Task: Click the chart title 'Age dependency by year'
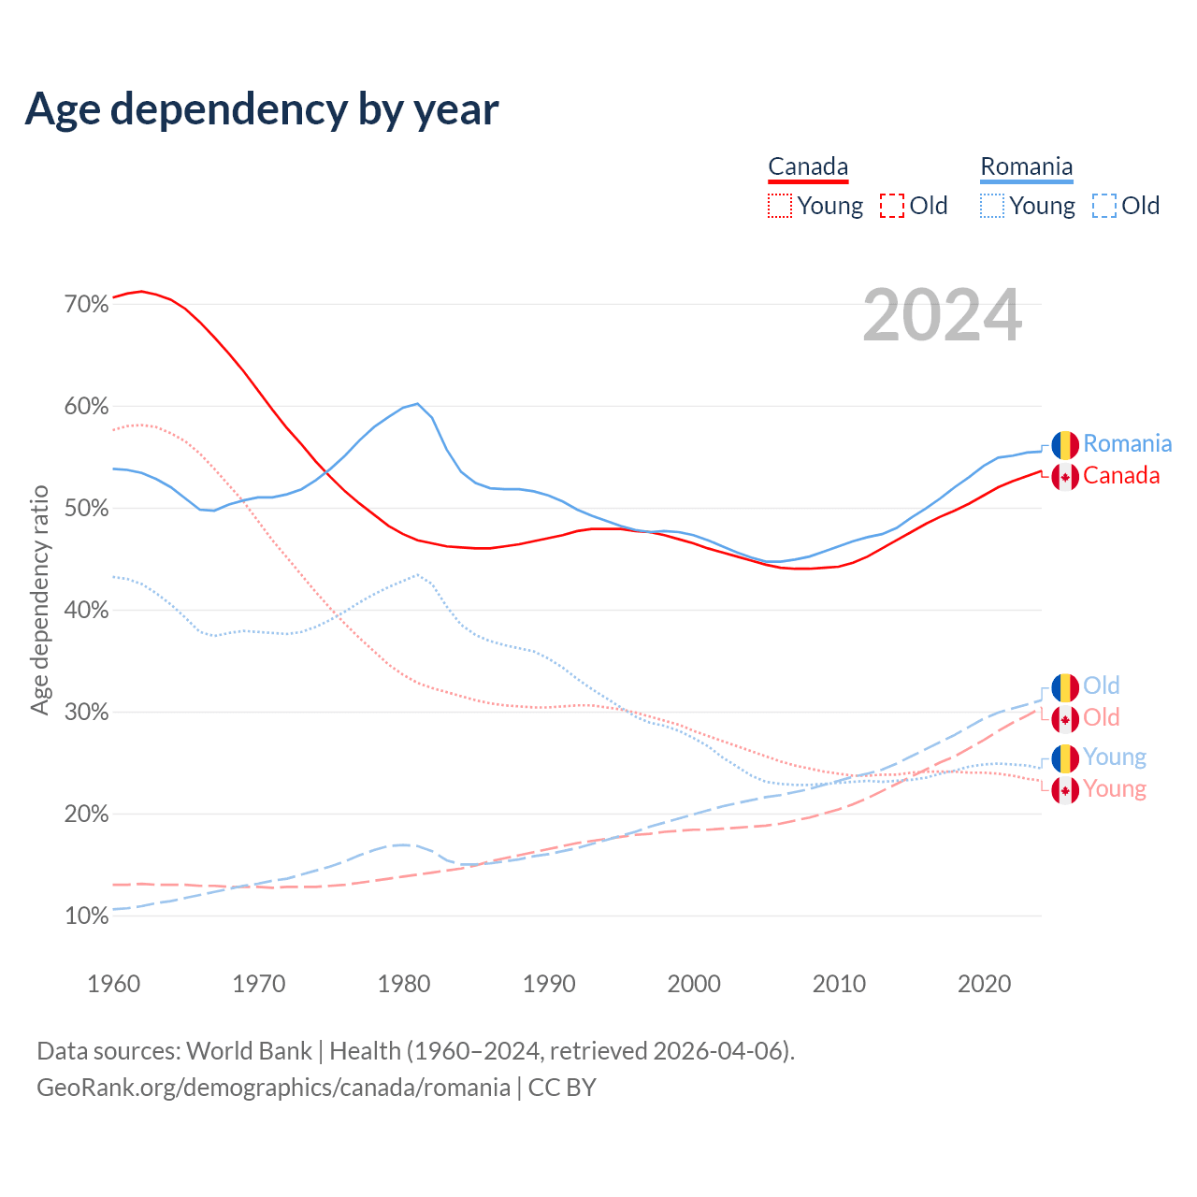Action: click(262, 108)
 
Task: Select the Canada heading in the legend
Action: click(808, 166)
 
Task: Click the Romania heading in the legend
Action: click(1026, 166)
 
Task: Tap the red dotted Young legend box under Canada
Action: click(780, 206)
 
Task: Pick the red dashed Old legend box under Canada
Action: click(892, 206)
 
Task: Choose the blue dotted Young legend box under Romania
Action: click(992, 206)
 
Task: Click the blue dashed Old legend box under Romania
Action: click(1104, 206)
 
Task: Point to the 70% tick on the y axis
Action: click(87, 305)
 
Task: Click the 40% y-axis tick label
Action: click(87, 611)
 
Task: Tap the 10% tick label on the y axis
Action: click(87, 916)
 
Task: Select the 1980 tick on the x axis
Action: click(404, 984)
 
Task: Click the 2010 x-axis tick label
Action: click(839, 984)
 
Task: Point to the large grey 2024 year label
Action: click(942, 316)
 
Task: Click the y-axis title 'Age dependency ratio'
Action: click(39, 599)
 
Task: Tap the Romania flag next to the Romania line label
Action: click(1065, 445)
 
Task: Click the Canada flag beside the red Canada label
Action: click(1065, 477)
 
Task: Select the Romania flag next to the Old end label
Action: click(1065, 687)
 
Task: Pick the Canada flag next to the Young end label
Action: click(1065, 790)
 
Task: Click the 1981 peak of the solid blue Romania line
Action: click(417, 404)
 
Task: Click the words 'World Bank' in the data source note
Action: click(249, 1051)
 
